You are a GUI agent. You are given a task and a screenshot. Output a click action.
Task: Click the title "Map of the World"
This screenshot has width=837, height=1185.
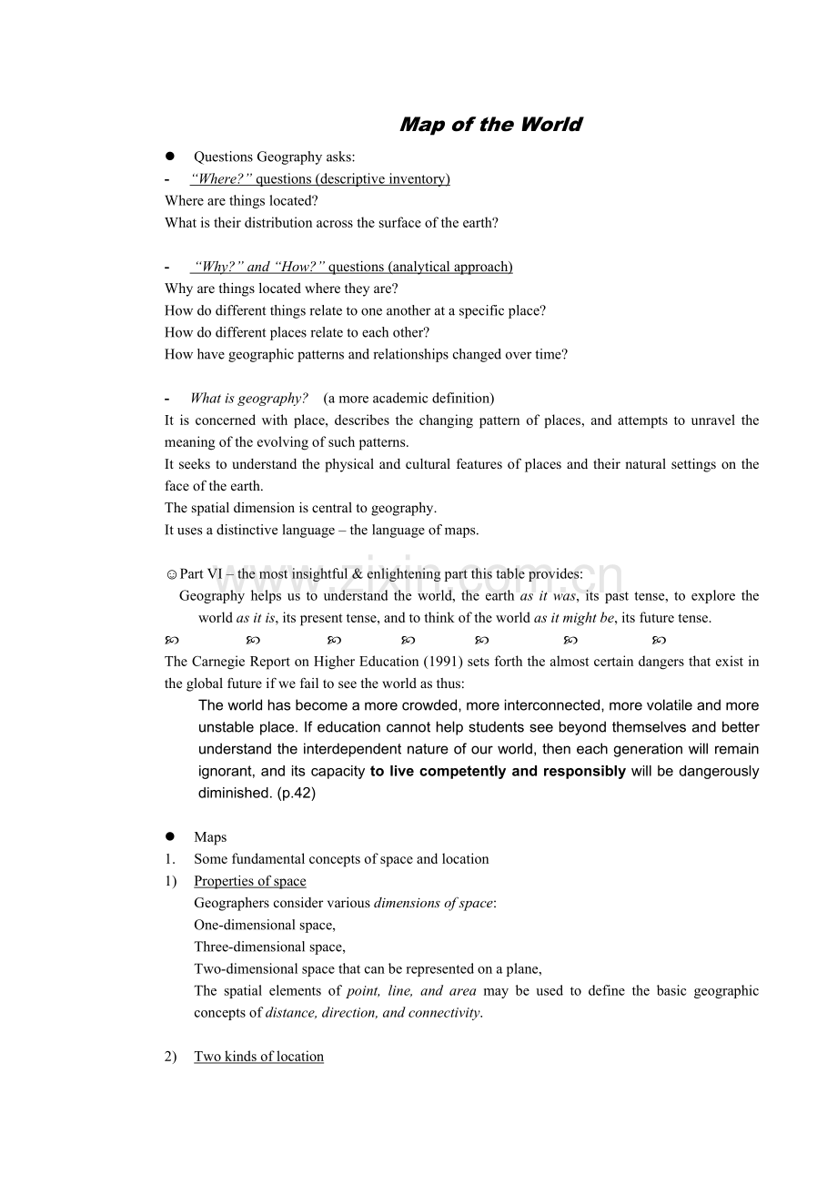[490, 125]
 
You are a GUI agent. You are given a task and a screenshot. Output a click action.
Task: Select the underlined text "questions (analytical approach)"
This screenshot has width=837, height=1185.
[420, 267]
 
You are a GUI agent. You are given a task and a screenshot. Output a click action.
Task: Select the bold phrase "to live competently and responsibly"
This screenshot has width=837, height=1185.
[498, 771]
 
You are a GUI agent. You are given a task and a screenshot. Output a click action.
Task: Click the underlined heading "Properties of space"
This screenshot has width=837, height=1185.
[250, 881]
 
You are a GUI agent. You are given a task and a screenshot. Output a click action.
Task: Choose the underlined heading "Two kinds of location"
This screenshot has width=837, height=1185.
[259, 1057]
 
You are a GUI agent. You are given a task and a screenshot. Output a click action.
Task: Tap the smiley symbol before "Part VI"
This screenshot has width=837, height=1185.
[172, 574]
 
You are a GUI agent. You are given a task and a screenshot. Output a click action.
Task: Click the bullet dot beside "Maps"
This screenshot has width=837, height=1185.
[169, 836]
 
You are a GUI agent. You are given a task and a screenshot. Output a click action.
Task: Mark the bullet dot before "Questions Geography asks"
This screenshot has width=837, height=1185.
[169, 157]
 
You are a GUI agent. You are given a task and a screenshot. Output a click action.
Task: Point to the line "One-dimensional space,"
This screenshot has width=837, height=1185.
[265, 925]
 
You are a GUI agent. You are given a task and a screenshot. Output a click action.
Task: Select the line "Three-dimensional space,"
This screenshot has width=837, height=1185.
[269, 947]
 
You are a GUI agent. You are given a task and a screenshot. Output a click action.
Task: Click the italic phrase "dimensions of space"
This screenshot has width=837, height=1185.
[433, 903]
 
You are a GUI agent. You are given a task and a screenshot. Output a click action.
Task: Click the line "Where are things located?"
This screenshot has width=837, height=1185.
[241, 201]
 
